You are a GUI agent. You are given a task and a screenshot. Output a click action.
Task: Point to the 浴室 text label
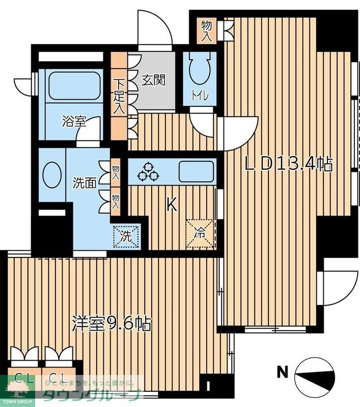(x=73, y=122)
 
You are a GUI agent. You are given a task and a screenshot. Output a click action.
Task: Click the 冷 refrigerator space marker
(x=200, y=234)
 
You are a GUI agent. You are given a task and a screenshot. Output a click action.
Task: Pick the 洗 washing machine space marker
(x=125, y=236)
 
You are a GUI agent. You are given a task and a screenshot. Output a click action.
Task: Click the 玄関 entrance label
(x=153, y=80)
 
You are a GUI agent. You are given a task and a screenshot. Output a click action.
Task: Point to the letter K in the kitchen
(x=172, y=205)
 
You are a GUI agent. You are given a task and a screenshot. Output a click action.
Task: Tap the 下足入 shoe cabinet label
(x=118, y=96)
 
